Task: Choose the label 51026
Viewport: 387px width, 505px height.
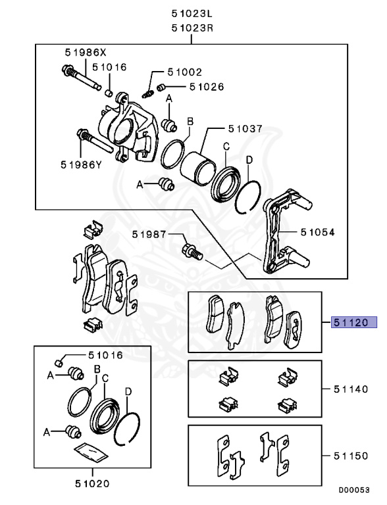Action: coord(206,86)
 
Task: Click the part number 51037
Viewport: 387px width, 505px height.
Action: coord(245,129)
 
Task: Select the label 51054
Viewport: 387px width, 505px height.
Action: coord(317,232)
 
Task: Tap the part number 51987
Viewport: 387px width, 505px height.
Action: coord(148,234)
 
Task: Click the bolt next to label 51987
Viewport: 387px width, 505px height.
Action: coord(191,250)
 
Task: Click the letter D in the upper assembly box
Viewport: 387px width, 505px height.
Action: coord(249,160)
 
